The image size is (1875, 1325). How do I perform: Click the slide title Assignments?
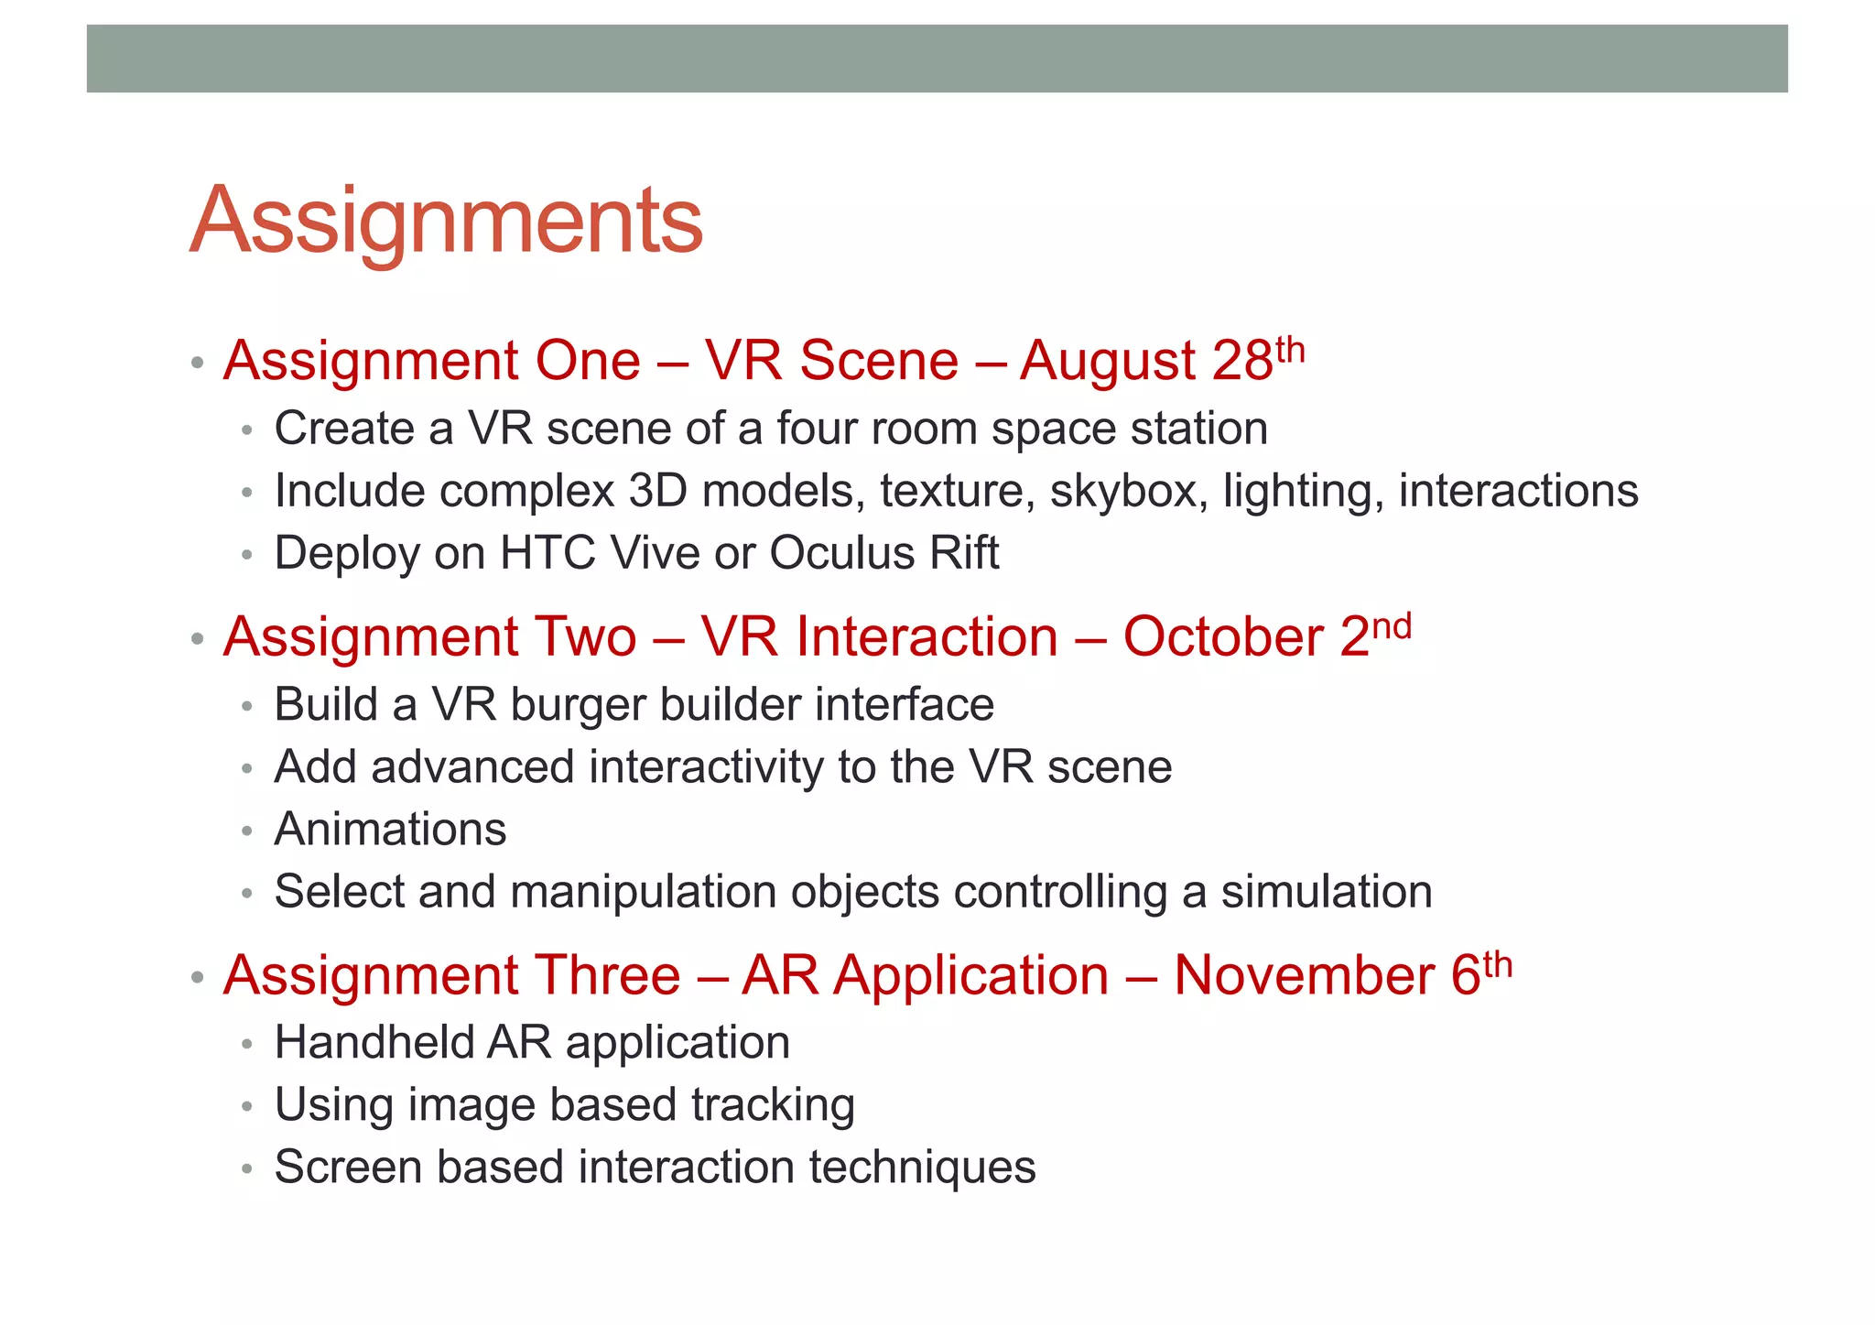[x=446, y=221]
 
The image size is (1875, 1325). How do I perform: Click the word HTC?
[x=547, y=553]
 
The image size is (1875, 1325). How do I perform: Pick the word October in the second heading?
[x=1223, y=637]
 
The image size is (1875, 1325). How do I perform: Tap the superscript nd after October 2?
[x=1392, y=627]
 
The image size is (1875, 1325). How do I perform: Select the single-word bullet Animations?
[x=390, y=830]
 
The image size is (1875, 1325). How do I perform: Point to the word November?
[x=1304, y=975]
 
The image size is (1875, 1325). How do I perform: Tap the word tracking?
[x=773, y=1105]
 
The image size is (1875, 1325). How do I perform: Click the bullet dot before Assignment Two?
[x=197, y=638]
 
